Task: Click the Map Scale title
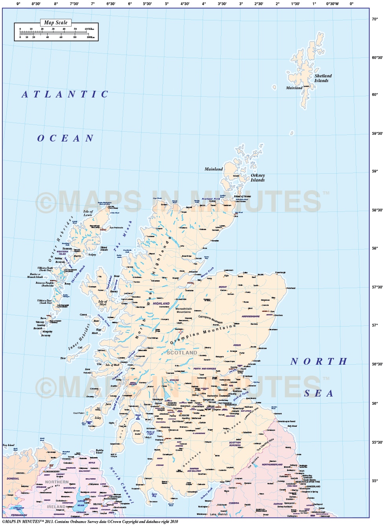pyautogui.click(x=56, y=23)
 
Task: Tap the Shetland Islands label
pyautogui.click(x=323, y=78)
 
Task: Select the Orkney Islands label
pyautogui.click(x=258, y=178)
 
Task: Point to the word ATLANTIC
pyautogui.click(x=65, y=94)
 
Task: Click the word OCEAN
pyautogui.click(x=65, y=138)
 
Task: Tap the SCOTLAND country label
pyautogui.click(x=182, y=353)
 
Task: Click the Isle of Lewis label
pyautogui.click(x=88, y=213)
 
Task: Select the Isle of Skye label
pyautogui.click(x=102, y=303)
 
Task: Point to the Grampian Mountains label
pyautogui.click(x=203, y=335)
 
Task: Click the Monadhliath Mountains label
pyautogui.click(x=184, y=310)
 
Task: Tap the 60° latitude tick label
pyautogui.click(x=375, y=95)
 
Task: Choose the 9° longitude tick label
pyautogui.click(x=18, y=4)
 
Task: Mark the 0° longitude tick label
pyautogui.click(x=351, y=4)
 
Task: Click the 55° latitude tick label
pyautogui.click(x=375, y=481)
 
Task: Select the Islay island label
pyautogui.click(x=98, y=418)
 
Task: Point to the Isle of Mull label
pyautogui.click(x=112, y=365)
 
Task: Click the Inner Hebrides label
pyautogui.click(x=79, y=337)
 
